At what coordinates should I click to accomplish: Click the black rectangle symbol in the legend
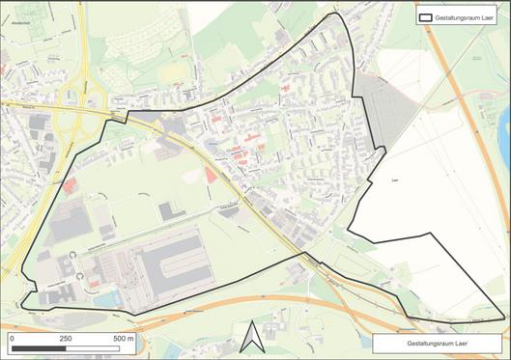(x=428, y=16)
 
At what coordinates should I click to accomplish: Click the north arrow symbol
(x=250, y=337)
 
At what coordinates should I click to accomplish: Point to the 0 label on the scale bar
(x=12, y=339)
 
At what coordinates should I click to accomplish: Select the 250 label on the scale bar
(x=66, y=339)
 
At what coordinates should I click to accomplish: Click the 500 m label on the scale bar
(x=122, y=339)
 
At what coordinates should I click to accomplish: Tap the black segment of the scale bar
(x=38, y=348)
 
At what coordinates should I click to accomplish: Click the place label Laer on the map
(x=394, y=180)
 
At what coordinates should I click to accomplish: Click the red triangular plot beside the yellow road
(x=210, y=176)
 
